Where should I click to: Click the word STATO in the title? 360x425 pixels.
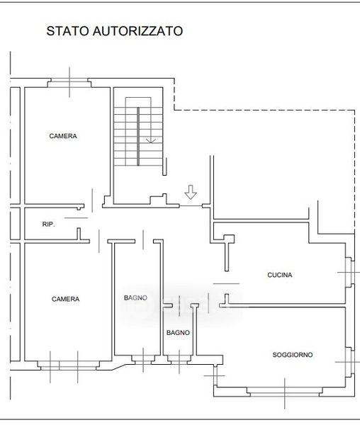[68, 31]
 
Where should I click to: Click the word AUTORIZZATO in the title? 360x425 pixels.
[138, 31]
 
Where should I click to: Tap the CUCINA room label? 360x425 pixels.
[280, 275]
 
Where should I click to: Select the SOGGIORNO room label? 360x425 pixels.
[293, 355]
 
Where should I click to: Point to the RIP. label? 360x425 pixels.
[48, 225]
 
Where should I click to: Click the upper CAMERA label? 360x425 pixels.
[63, 136]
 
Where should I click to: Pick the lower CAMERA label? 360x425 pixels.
[66, 299]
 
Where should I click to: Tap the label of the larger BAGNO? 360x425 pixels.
[135, 298]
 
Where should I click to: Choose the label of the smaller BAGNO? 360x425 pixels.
[178, 333]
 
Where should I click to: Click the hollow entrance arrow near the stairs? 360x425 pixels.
[191, 192]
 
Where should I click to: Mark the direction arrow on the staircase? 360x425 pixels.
[151, 141]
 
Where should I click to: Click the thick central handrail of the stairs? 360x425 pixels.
[138, 136]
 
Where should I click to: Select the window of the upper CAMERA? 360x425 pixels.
[69, 83]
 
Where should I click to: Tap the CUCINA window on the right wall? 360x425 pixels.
[349, 272]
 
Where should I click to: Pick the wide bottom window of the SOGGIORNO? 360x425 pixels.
[285, 392]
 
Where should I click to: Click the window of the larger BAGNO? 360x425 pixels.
[143, 360]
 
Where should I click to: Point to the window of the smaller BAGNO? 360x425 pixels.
[179, 360]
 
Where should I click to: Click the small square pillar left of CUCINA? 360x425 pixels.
[229, 239]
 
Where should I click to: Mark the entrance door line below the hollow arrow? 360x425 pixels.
[191, 206]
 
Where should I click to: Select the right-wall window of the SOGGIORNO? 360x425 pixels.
[349, 362]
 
